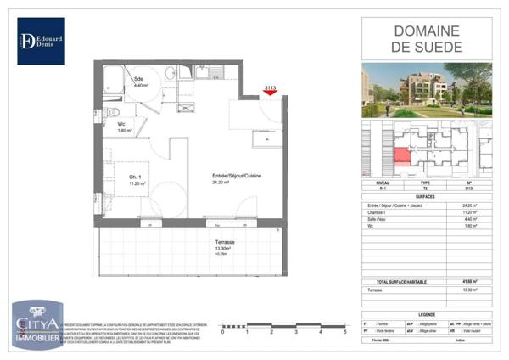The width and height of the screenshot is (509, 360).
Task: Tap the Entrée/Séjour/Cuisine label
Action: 237,177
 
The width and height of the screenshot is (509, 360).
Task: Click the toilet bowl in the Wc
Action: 113,110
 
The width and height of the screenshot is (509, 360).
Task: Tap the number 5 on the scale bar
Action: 344,332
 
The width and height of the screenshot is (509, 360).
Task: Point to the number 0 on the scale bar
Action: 222,332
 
